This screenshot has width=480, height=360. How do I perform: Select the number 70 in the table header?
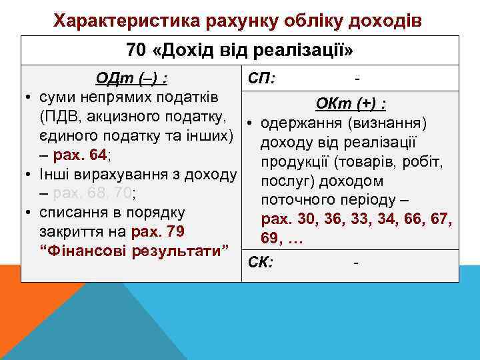(x=135, y=51)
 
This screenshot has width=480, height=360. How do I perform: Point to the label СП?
(x=262, y=78)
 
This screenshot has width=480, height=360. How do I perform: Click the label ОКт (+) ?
(x=353, y=105)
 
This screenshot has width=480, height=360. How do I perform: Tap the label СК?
(x=260, y=261)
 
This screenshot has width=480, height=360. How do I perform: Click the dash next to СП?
(x=358, y=79)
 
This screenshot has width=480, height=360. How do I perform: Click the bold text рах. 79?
(x=158, y=231)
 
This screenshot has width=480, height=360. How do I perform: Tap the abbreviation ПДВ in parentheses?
(x=59, y=117)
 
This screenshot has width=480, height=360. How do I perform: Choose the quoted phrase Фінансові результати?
(x=133, y=251)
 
